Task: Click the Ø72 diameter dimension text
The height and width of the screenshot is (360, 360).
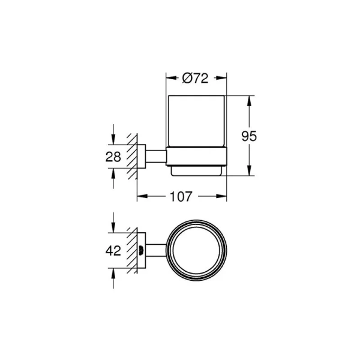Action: point(195,78)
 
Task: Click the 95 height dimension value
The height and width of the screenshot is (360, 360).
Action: point(248,136)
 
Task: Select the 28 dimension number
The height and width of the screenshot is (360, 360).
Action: point(113,157)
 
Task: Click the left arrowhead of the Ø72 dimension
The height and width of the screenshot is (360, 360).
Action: point(169,78)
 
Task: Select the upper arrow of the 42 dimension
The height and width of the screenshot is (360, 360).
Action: point(113,227)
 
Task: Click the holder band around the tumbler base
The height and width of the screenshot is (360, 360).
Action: point(196,157)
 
